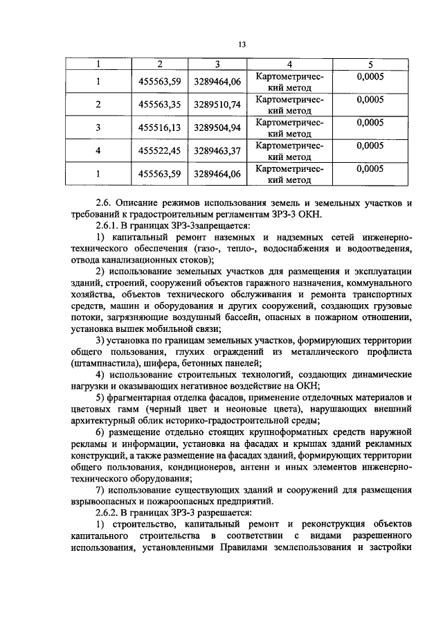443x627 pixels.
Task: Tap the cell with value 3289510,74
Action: click(217, 105)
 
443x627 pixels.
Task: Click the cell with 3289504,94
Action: click(217, 128)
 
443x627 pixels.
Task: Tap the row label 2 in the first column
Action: click(98, 105)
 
